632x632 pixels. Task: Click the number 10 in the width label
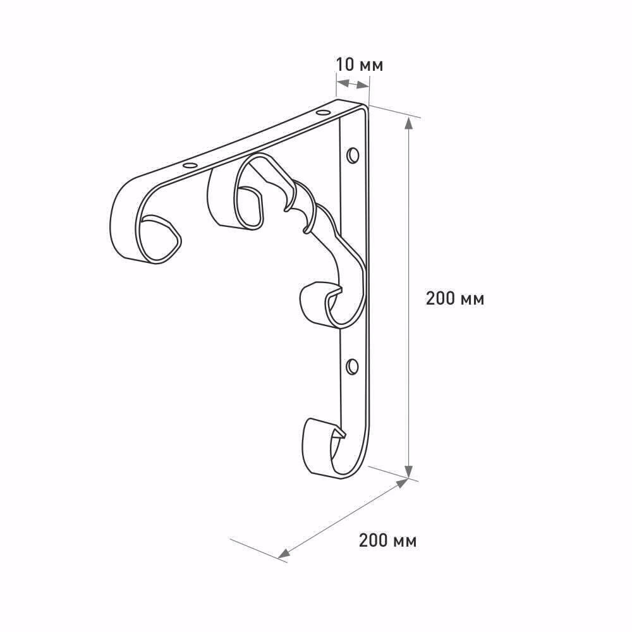(x=344, y=64)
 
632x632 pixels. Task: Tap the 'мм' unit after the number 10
(x=371, y=66)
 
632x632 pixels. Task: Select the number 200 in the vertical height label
(x=441, y=299)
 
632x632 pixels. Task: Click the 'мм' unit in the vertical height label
(x=472, y=300)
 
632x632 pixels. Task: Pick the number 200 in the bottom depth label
(x=374, y=540)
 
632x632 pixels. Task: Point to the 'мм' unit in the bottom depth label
(x=405, y=542)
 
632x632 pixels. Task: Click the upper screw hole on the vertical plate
(x=353, y=155)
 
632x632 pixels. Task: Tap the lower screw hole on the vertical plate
(x=352, y=367)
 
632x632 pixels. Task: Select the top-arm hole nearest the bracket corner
(x=322, y=112)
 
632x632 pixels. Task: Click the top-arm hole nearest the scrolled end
(x=188, y=165)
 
